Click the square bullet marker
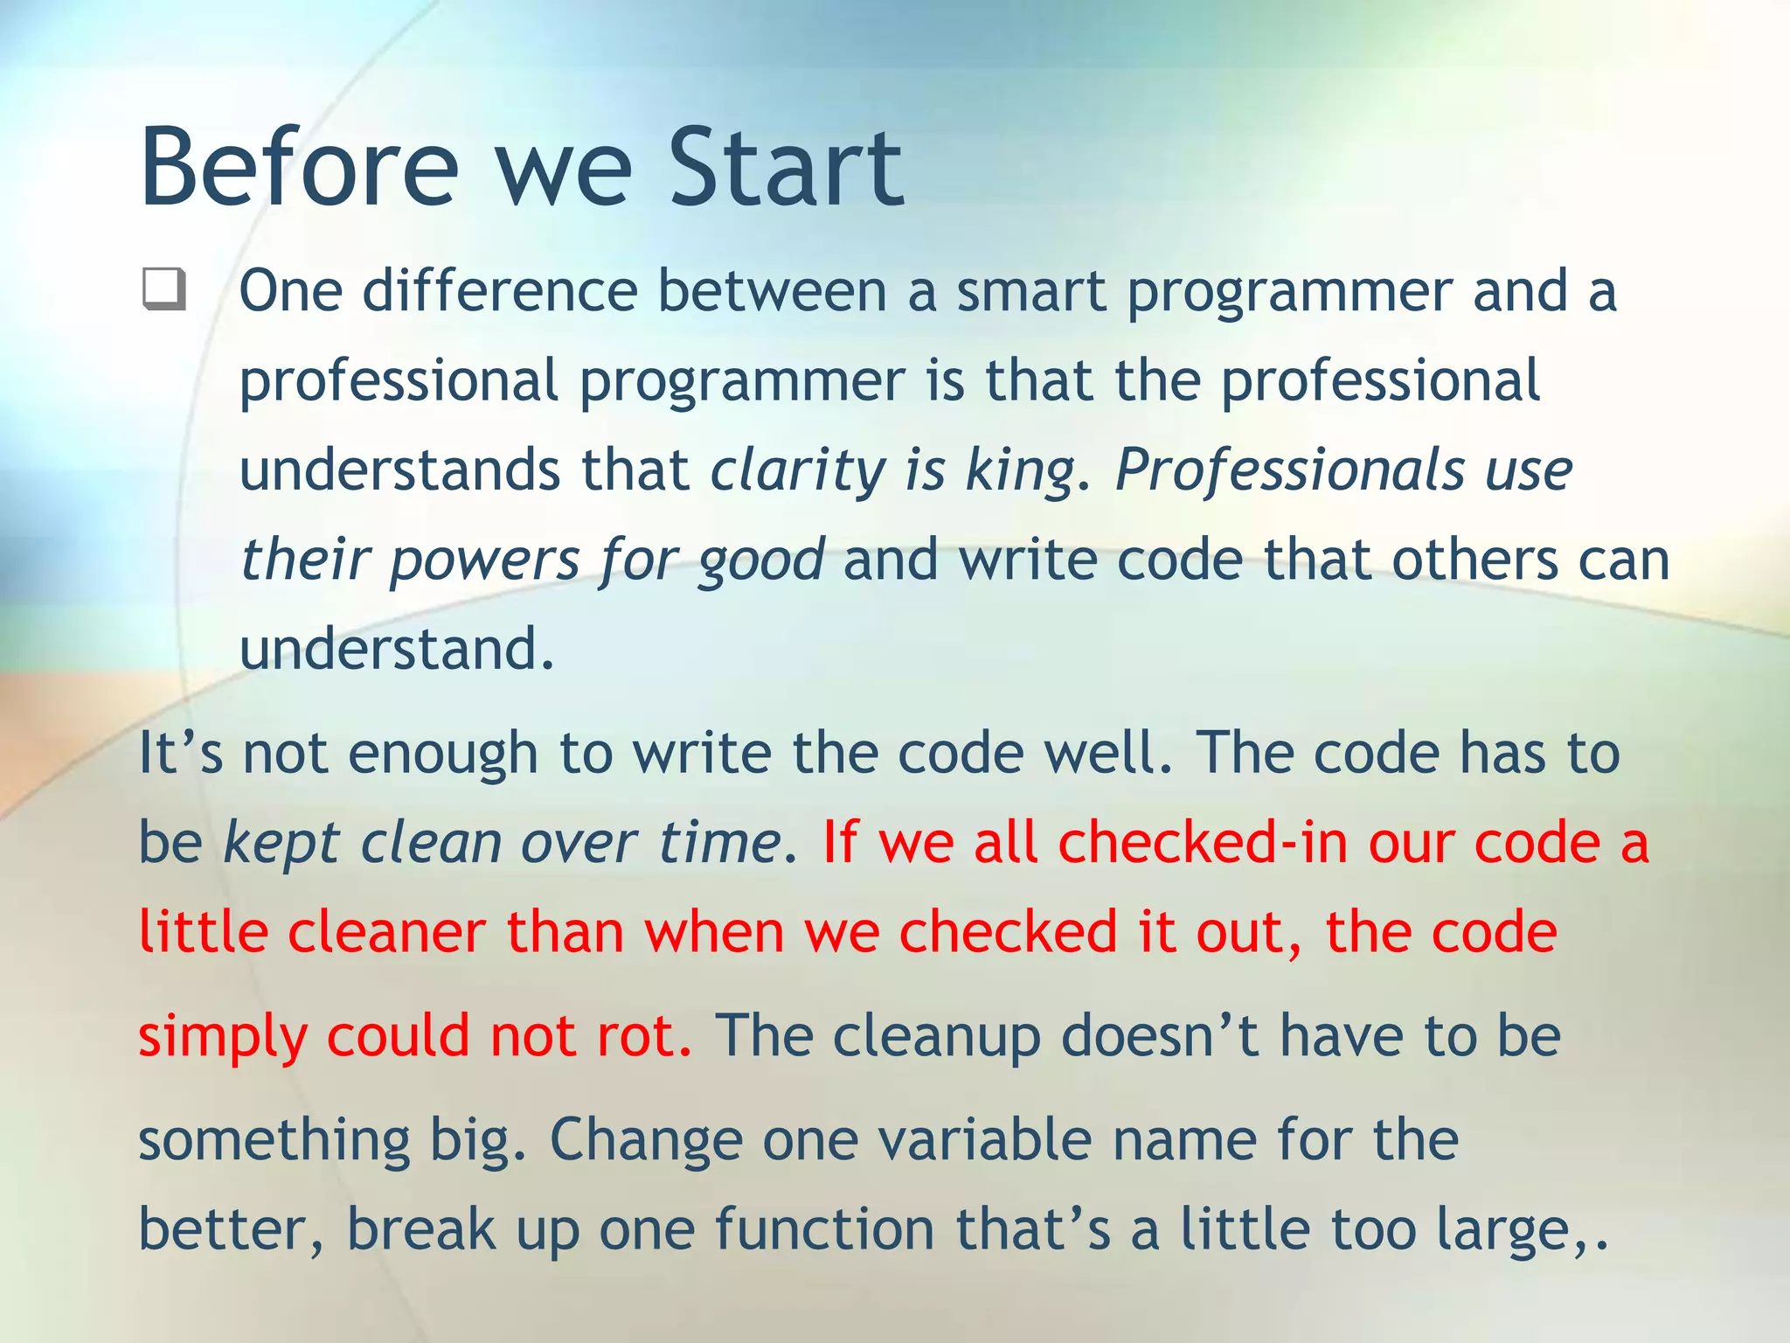(163, 289)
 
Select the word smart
(1030, 291)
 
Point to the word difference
(499, 291)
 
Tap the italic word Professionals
(1289, 470)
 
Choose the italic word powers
(483, 561)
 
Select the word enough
(442, 754)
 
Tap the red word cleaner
(386, 932)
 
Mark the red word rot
(642, 1036)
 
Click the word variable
(984, 1141)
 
